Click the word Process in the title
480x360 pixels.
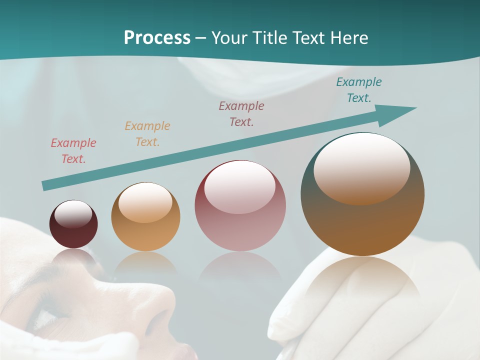click(x=157, y=38)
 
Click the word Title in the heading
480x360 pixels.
click(x=268, y=38)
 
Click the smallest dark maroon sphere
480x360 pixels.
click(x=73, y=224)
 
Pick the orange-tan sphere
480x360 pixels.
click(x=145, y=217)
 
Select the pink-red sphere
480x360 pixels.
click(x=240, y=206)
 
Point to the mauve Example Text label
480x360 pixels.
click(x=241, y=113)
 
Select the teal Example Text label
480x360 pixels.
click(x=359, y=90)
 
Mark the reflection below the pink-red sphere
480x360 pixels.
click(x=240, y=267)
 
